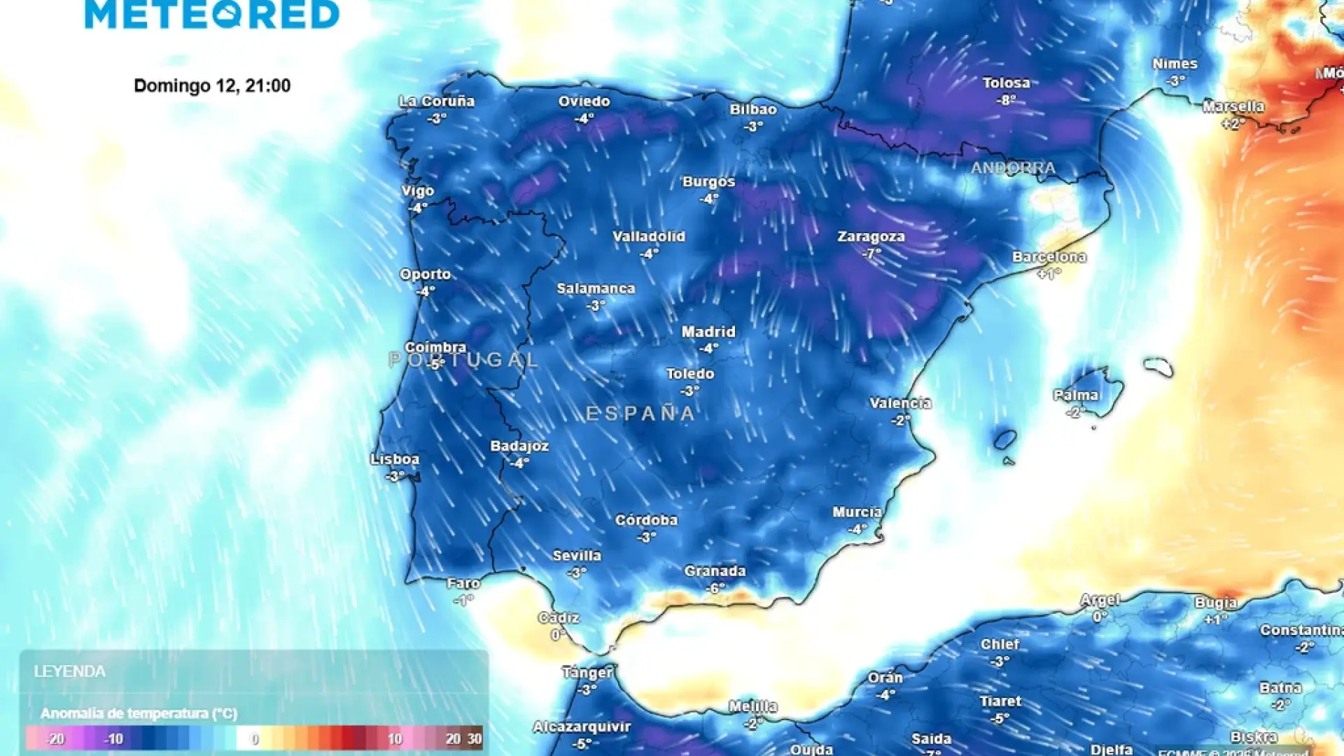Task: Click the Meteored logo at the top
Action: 212,14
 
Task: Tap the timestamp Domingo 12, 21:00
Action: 212,85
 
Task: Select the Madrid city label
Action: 708,332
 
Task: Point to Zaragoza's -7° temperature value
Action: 871,253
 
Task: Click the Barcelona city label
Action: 1049,257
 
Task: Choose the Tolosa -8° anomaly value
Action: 1007,100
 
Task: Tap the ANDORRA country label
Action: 1013,168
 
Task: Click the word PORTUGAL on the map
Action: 463,360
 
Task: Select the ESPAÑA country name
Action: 640,414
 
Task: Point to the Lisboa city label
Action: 395,459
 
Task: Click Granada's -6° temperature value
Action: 715,588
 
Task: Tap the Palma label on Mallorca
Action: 1076,395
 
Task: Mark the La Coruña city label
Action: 437,101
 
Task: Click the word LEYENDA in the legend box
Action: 70,671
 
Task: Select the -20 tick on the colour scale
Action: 55,739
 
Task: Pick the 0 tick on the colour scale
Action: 255,739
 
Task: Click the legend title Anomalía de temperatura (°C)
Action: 139,713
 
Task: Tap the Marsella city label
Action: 1233,107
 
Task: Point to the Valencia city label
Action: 900,403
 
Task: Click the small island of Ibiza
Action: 1004,440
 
